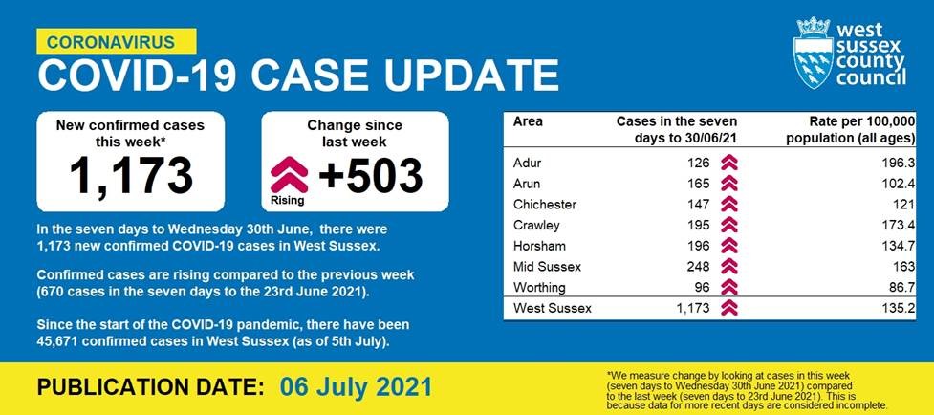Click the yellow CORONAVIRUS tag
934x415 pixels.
[117, 42]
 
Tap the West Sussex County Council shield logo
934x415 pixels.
[814, 53]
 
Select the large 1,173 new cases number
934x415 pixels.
[131, 176]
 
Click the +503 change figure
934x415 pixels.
[371, 176]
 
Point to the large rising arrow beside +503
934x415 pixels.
[289, 174]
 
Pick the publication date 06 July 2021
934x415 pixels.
[356, 387]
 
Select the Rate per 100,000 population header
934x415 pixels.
[850, 130]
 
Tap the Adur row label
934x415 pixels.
[527, 163]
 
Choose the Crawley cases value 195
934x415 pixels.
[699, 225]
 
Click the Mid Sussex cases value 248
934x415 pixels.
[699, 267]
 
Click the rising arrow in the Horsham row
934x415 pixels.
[729, 246]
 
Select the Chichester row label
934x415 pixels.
[545, 205]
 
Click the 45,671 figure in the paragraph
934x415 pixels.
[56, 343]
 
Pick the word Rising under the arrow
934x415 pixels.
[287, 201]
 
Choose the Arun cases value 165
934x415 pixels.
[699, 184]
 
